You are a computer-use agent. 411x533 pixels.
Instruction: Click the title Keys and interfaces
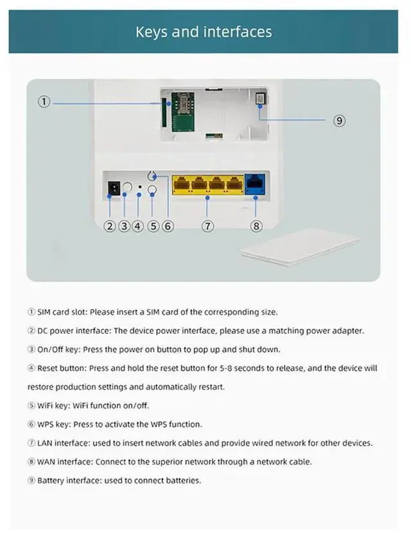tap(204, 31)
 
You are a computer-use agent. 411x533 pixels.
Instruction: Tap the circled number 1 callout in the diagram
tap(44, 101)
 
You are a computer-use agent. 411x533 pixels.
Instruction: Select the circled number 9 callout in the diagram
tap(340, 120)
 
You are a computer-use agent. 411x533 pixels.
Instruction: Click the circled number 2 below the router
tap(110, 225)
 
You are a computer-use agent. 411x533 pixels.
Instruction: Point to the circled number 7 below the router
tap(207, 225)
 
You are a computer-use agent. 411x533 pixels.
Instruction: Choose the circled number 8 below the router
tap(256, 225)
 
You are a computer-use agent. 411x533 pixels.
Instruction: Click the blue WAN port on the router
tap(255, 185)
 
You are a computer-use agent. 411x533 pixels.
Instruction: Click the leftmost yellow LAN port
tap(181, 185)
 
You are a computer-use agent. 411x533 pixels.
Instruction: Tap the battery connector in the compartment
tap(261, 99)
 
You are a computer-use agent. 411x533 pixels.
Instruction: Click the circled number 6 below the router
tap(168, 225)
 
